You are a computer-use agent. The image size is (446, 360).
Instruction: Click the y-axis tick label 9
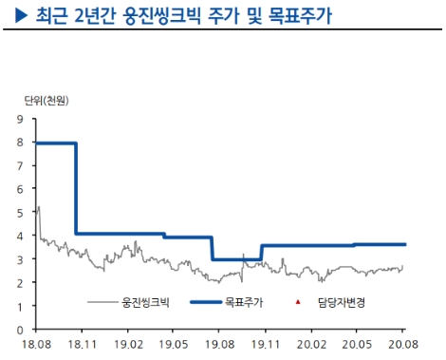pos(20,120)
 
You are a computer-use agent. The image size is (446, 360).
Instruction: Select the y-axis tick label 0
pos(20,330)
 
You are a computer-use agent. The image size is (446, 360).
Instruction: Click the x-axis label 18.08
pos(34,344)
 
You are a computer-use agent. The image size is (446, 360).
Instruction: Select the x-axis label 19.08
pos(219,344)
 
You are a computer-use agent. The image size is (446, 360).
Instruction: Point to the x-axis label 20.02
pos(312,344)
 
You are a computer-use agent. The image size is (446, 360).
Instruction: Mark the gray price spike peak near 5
pos(38,206)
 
